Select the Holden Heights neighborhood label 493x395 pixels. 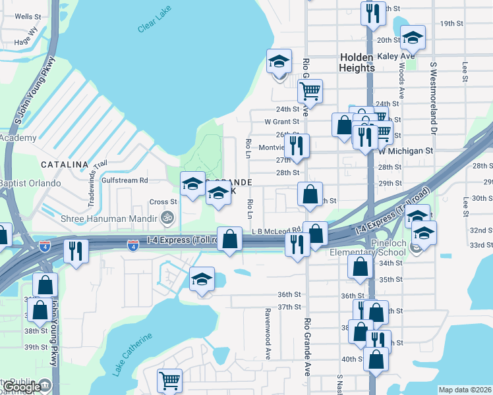(357, 63)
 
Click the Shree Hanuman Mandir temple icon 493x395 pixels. (167, 217)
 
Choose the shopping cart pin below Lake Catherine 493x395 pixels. (169, 381)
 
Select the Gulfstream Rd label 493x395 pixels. (125, 180)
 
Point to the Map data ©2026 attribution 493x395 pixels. (465, 390)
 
